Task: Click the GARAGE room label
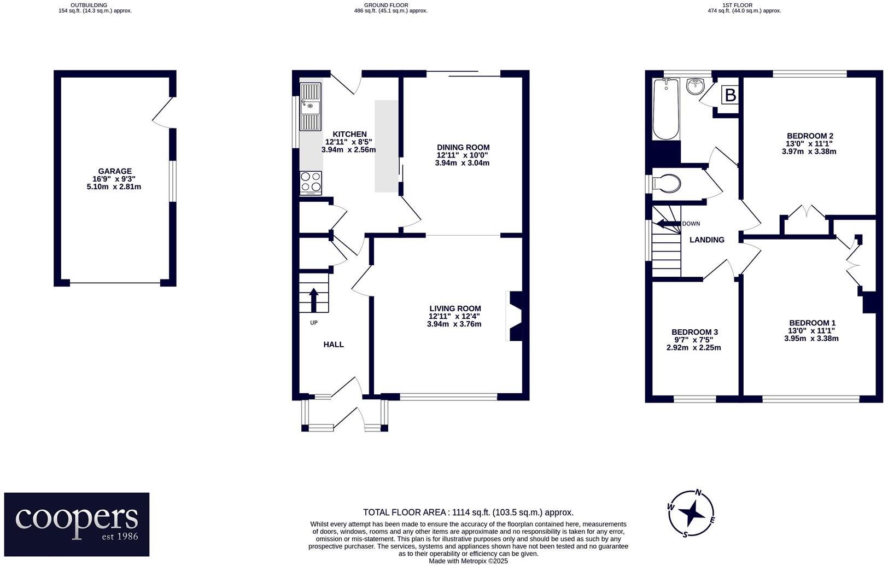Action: click(114, 171)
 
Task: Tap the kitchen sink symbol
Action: click(310, 107)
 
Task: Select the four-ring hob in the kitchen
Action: click(311, 182)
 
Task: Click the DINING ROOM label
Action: click(463, 147)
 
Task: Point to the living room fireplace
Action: click(514, 316)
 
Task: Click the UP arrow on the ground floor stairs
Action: click(314, 299)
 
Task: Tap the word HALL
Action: click(334, 345)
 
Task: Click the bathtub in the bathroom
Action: click(665, 109)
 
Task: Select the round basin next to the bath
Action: click(696, 86)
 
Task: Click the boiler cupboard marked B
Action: click(729, 96)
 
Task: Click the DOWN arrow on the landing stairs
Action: click(667, 223)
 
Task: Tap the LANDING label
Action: click(706, 240)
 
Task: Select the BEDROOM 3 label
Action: click(694, 332)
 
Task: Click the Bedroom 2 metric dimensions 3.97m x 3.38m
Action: click(809, 152)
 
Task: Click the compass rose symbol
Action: click(692, 514)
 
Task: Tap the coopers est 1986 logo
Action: click(77, 524)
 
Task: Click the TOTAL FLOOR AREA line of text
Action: click(468, 512)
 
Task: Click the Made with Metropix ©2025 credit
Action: click(468, 561)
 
